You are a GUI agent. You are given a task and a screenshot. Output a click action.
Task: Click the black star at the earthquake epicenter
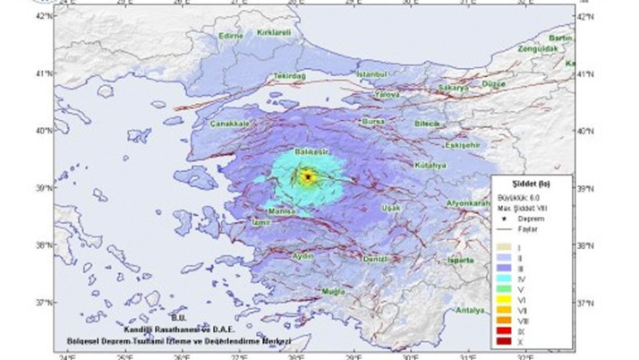[x=308, y=176]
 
